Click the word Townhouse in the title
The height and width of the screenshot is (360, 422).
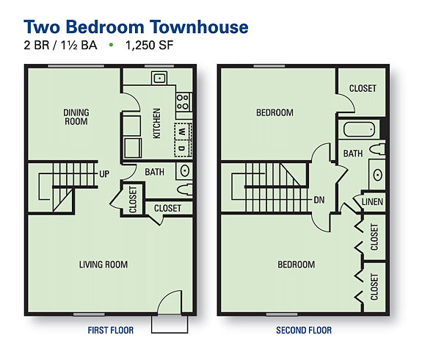coord(199,27)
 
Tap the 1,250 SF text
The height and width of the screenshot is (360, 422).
coord(149,46)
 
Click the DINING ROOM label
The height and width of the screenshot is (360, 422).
coord(76,117)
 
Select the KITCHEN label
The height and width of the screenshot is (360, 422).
coord(156,123)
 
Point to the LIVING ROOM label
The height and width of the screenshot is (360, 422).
coord(103,264)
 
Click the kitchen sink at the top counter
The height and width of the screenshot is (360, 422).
coord(159,78)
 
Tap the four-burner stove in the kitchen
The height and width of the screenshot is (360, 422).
coord(183,102)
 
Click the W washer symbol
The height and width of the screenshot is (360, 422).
coord(183,132)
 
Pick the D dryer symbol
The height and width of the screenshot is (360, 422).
coord(183,148)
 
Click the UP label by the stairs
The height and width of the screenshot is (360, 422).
coord(104,174)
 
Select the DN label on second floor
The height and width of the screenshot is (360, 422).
coord(319,200)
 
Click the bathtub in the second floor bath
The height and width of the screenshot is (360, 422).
coord(360,129)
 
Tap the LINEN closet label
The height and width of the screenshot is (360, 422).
coord(372,202)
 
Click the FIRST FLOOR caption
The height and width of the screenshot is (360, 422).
coord(111,331)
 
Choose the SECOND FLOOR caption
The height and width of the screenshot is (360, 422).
coord(304,331)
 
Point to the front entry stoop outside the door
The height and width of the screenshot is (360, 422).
coord(170,324)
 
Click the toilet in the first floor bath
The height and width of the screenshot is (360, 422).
coord(185,190)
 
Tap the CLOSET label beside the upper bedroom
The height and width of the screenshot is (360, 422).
coord(363,88)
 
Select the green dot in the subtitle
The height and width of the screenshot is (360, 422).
coord(111,45)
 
